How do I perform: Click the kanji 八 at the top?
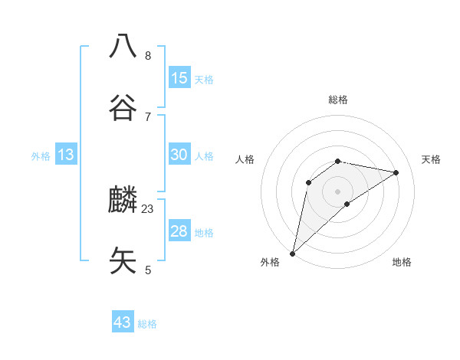[x=123, y=46]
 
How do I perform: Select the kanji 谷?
[x=123, y=108]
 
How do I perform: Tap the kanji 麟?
[x=123, y=200]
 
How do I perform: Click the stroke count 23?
[x=148, y=208]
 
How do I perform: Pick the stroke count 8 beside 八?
[x=148, y=55]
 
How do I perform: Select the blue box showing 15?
[x=179, y=78]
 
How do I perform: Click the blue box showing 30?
[x=179, y=155]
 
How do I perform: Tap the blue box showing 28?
[x=179, y=231]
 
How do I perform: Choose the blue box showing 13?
[x=66, y=155]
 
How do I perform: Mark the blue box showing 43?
[x=123, y=322]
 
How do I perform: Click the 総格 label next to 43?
[x=147, y=324]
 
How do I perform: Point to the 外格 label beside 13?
[x=41, y=156]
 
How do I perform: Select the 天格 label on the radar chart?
[x=431, y=159]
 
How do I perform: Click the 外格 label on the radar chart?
[x=270, y=262]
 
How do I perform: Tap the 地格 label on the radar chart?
[x=402, y=262]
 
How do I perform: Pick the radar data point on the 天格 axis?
[x=396, y=172]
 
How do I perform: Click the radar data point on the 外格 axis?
[x=293, y=253]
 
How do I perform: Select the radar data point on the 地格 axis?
[x=347, y=204]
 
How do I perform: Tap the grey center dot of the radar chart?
[x=338, y=191]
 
